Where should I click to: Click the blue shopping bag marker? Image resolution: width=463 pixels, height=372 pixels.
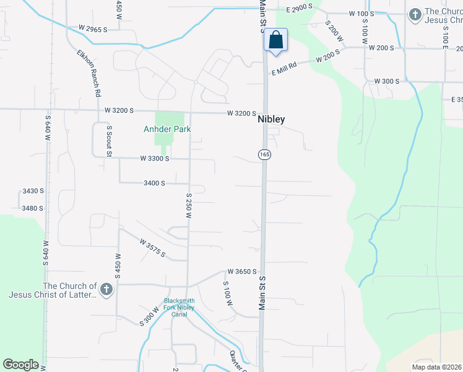[x=275, y=40]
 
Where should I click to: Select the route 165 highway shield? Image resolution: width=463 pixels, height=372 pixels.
[x=264, y=154]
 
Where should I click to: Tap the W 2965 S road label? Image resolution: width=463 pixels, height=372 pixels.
[x=93, y=29]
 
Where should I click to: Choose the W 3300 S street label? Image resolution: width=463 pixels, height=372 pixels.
[x=155, y=159]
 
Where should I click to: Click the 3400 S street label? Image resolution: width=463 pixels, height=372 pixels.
[x=154, y=184]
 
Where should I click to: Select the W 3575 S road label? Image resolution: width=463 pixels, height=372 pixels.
[x=152, y=247]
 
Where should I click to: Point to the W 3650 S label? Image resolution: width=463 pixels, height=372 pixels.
[x=241, y=272]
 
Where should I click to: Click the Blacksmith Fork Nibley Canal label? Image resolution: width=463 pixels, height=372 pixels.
[x=179, y=307]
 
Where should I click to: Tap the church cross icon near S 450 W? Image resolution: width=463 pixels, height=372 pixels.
[x=106, y=290]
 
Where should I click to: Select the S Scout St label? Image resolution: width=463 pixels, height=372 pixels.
[x=109, y=140]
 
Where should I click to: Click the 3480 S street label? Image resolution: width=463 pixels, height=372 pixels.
[x=32, y=208]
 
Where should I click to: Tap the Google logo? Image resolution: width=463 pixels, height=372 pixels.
[x=20, y=365]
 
